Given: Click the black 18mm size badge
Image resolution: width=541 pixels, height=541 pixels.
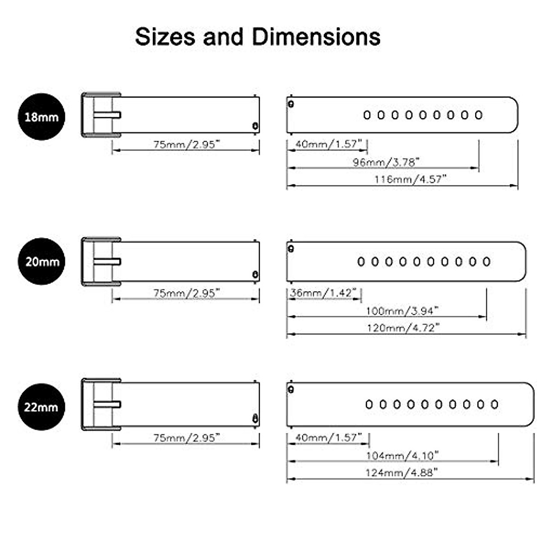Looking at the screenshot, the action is pyautogui.click(x=41, y=117).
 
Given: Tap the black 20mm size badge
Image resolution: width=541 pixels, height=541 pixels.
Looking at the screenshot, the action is pyautogui.click(x=41, y=261).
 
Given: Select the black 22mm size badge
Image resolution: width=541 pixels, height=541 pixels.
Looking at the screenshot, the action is pyautogui.click(x=41, y=407).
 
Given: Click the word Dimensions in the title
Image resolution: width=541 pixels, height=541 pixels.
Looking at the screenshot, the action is pyautogui.click(x=316, y=37).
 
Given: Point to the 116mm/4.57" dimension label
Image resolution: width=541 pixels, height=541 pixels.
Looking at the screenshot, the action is pyautogui.click(x=410, y=179).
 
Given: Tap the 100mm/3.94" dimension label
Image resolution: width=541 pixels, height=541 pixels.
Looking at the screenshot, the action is pyautogui.click(x=402, y=311).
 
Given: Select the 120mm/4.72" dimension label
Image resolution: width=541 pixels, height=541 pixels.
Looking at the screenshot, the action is pyautogui.click(x=403, y=328).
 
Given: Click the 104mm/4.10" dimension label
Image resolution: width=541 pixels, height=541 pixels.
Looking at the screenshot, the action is pyautogui.click(x=402, y=455).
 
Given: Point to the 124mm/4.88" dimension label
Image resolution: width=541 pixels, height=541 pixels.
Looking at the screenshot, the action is pyautogui.click(x=402, y=472).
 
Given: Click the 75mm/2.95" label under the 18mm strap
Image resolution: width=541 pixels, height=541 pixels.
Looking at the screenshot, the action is pyautogui.click(x=186, y=144).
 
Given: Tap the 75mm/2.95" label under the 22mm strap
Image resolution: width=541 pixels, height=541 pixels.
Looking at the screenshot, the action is pyautogui.click(x=186, y=437).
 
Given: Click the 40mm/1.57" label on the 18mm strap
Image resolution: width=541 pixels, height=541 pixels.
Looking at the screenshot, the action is pyautogui.click(x=328, y=144).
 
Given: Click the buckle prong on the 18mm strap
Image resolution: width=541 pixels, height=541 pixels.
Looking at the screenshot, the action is pyautogui.click(x=107, y=115).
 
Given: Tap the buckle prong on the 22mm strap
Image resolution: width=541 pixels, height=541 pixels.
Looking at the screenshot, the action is pyautogui.click(x=107, y=404).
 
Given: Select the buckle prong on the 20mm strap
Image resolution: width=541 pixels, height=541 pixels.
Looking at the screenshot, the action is pyautogui.click(x=107, y=261).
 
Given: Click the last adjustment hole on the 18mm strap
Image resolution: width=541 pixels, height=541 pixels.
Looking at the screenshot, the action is pyautogui.click(x=478, y=115).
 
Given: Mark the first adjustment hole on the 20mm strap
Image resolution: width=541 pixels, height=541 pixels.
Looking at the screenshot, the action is pyautogui.click(x=361, y=261).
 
